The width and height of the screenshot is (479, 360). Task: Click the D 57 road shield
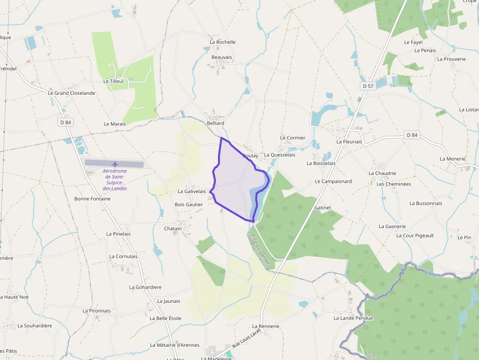pos(369,86)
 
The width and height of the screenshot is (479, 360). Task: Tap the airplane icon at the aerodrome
pos(115,164)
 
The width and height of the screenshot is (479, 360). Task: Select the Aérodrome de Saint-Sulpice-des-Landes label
pos(115,180)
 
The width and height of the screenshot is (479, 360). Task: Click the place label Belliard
pos(216,124)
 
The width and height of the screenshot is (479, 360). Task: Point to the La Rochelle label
pos(222,42)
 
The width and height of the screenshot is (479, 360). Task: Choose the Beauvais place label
pos(221,57)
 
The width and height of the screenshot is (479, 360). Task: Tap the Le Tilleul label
pos(113,81)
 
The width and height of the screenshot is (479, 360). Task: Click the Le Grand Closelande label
pos(71,93)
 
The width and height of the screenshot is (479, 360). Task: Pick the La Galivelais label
pos(192,191)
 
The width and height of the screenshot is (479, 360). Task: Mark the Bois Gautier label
pos(189,204)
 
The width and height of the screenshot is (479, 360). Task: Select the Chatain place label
pos(173,229)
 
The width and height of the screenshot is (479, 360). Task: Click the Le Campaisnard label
pos(333,181)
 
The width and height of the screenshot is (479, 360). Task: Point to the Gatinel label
pos(323,208)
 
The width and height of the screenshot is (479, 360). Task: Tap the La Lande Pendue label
pos(353,318)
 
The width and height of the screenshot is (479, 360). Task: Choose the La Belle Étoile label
pos(166,318)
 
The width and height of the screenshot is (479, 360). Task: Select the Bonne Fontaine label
pos(92,199)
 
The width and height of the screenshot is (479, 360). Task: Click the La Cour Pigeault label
pos(415,235)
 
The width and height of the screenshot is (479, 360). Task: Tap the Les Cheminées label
pos(393,184)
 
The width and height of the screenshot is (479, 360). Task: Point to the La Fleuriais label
pos(349,142)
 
